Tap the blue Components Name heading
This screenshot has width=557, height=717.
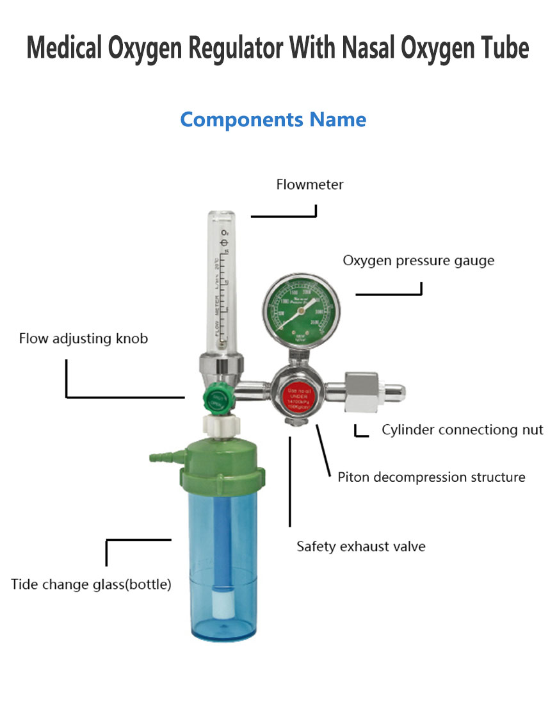point(273,120)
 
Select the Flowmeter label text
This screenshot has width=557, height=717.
point(310,185)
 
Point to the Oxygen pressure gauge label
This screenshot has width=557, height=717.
point(418,261)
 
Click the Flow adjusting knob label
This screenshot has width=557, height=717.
point(83,338)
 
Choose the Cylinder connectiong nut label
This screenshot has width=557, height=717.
point(462,429)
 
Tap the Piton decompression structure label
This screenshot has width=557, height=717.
point(431,477)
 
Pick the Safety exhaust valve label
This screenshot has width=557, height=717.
point(360,547)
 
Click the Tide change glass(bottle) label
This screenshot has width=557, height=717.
point(91,584)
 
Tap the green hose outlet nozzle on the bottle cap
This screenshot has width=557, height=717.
point(159,457)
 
